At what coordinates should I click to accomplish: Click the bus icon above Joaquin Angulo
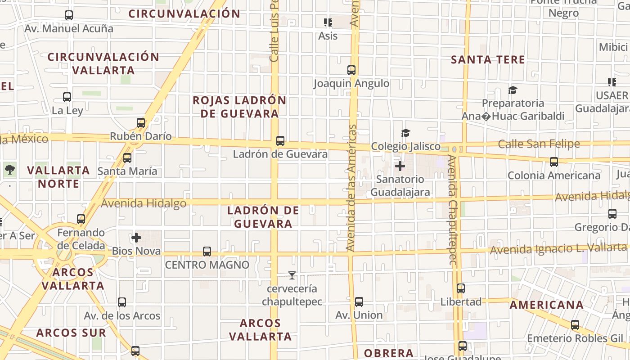tap(351, 70)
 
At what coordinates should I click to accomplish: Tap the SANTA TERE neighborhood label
tap(488, 60)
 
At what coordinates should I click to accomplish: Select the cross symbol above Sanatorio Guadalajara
tap(400, 166)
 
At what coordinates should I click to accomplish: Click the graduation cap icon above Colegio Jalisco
tap(405, 133)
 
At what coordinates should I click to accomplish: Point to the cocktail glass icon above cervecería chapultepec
tap(292, 275)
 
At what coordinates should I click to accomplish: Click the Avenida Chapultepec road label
tap(453, 210)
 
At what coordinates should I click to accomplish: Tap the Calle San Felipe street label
tap(539, 144)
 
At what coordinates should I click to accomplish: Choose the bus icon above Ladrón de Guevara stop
tap(280, 141)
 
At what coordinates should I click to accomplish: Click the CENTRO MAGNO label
tap(207, 265)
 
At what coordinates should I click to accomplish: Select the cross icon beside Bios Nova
tap(136, 238)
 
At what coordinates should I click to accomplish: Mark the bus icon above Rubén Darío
tap(141, 122)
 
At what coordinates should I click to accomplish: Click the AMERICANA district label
tap(546, 305)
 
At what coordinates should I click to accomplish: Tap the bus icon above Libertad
tap(461, 288)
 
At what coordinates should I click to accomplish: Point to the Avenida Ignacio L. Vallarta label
tap(558, 248)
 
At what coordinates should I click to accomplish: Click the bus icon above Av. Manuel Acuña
tap(69, 15)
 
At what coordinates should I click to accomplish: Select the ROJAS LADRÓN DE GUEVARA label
tap(239, 107)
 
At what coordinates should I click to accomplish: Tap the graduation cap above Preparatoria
tap(513, 90)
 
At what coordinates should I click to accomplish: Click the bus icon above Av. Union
tap(359, 301)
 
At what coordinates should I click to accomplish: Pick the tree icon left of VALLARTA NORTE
tap(10, 170)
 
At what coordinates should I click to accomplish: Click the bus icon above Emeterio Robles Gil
tap(575, 325)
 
